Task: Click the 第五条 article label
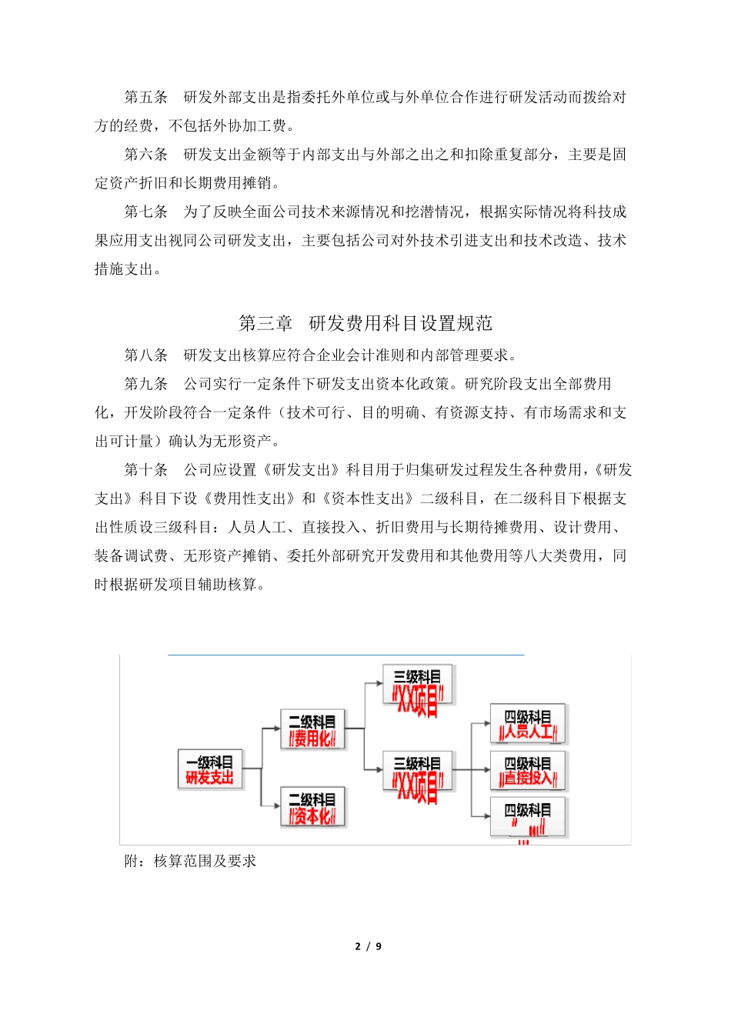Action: pyautogui.click(x=146, y=97)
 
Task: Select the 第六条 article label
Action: pyautogui.click(x=146, y=155)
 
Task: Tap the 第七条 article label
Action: pyautogui.click(x=146, y=212)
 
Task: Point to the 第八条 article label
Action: pyautogui.click(x=146, y=355)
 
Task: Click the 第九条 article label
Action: pyautogui.click(x=146, y=384)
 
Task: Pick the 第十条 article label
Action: pyautogui.click(x=146, y=470)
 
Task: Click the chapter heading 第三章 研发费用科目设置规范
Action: pyautogui.click(x=365, y=323)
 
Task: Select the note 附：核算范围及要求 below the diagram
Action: pyautogui.click(x=190, y=862)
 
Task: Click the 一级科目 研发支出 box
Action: pyautogui.click(x=209, y=769)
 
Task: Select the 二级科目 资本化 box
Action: pyautogui.click(x=312, y=807)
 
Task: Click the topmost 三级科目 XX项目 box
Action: pyautogui.click(x=418, y=686)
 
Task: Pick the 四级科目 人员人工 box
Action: pyautogui.click(x=528, y=724)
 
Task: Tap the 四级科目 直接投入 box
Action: pyautogui.click(x=528, y=771)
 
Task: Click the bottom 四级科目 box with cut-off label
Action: pyautogui.click(x=528, y=817)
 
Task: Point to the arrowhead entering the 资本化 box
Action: pyautogui.click(x=276, y=806)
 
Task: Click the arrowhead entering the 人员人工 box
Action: pyautogui.click(x=486, y=724)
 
